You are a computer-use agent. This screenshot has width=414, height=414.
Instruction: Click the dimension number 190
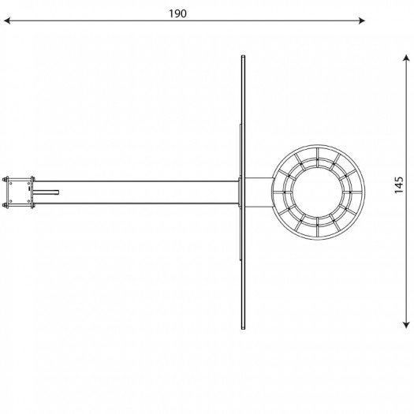(x=177, y=13)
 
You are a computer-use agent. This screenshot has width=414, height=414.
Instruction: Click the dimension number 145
(x=399, y=185)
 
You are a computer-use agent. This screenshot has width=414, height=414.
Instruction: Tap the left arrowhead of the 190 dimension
(x=7, y=21)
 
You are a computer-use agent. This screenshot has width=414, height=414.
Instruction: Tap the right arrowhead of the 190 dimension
(x=362, y=21)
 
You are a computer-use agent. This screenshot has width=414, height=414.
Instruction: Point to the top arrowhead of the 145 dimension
(x=406, y=58)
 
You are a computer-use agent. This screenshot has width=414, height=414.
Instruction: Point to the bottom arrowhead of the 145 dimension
(x=406, y=325)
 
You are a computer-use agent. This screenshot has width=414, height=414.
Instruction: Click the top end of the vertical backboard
(x=243, y=56)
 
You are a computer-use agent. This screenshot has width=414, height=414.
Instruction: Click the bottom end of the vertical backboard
(x=243, y=329)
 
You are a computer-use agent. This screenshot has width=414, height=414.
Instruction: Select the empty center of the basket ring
(x=318, y=192)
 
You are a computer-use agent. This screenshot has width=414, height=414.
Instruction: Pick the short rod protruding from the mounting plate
(x=46, y=192)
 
